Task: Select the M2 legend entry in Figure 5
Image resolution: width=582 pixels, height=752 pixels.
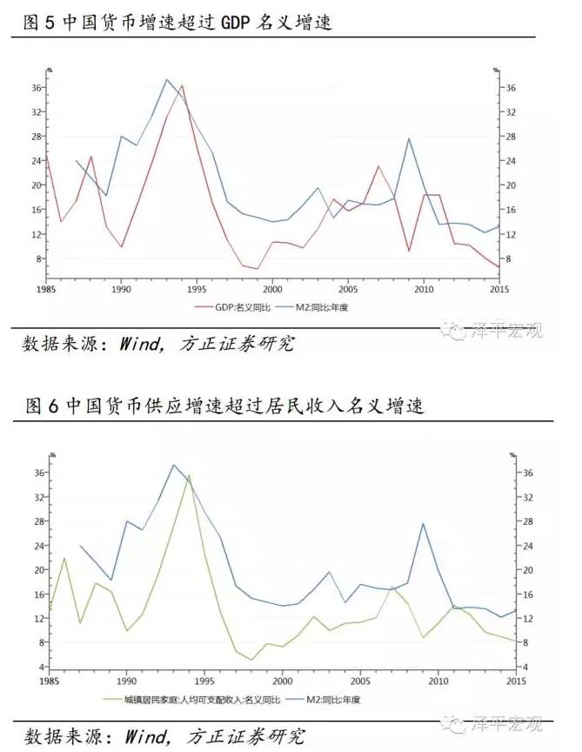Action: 326,307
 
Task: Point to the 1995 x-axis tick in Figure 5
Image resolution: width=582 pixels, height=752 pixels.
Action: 197,289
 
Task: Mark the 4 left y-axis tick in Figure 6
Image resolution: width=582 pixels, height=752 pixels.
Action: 41,667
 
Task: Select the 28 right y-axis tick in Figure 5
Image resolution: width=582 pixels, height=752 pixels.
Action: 512,137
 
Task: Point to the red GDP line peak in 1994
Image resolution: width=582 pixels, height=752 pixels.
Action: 182,85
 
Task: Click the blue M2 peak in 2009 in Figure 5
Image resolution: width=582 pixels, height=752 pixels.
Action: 409,138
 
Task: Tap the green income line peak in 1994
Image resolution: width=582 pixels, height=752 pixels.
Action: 189,475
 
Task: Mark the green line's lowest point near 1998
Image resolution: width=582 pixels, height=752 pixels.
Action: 251,660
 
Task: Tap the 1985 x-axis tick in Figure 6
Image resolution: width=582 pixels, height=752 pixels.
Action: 50,680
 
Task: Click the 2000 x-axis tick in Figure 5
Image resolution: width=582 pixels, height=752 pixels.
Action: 273,289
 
